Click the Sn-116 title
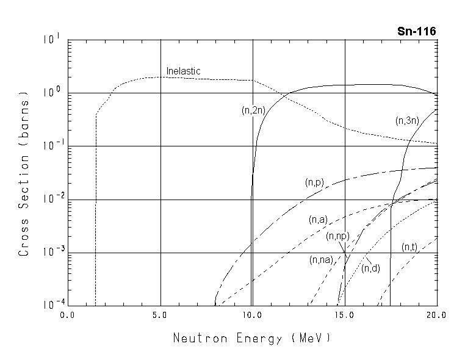tap(416, 31)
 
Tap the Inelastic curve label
tap(183, 71)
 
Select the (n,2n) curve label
tap(252, 110)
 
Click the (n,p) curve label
tap(314, 182)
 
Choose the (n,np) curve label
tap(337, 236)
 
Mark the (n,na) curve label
tap(321, 259)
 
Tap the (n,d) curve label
tap(370, 268)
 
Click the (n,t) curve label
tap(409, 247)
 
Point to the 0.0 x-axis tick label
tap(67, 315)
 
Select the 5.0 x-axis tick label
tap(160, 315)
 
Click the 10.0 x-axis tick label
tap(252, 315)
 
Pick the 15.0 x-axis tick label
tap(345, 315)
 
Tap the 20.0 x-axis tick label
tap(436, 315)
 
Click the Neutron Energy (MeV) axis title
tap(253, 337)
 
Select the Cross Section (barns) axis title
tap(24, 175)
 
